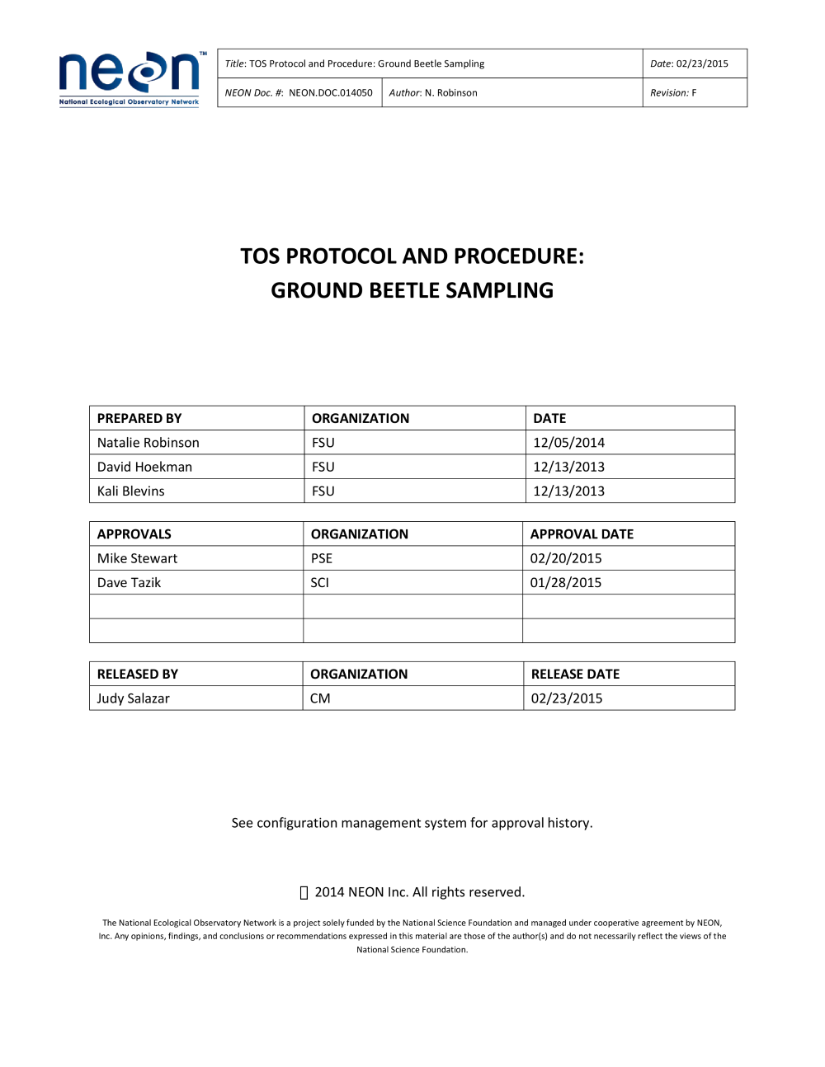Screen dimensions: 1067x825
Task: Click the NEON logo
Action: [x=130, y=78]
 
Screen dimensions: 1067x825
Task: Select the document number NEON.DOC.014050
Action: [x=330, y=93]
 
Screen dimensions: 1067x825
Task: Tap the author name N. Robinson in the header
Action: [x=450, y=93]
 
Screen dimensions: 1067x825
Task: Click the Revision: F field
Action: [x=673, y=93]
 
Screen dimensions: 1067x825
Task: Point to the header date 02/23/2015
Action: [x=702, y=63]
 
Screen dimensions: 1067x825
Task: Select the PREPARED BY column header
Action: [x=139, y=419]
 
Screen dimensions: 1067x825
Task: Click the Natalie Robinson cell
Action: [x=148, y=443]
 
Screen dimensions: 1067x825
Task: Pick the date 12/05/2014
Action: [x=568, y=443]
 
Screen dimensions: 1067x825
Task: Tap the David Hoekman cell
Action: [x=144, y=467]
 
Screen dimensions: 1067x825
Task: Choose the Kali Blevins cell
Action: [x=131, y=491]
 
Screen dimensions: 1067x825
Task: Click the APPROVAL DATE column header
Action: [x=582, y=534]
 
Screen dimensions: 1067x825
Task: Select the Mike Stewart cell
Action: [x=137, y=558]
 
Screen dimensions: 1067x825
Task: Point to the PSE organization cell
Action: [x=322, y=558]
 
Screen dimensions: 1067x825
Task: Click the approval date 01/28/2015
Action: [x=566, y=583]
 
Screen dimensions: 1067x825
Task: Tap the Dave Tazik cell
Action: [x=129, y=583]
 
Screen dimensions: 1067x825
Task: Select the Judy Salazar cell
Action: [x=133, y=698]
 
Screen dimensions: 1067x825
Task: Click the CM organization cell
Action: [x=320, y=698]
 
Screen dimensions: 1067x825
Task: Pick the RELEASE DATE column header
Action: [x=575, y=675]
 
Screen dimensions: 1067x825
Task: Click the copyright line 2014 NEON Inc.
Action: [x=419, y=892]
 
